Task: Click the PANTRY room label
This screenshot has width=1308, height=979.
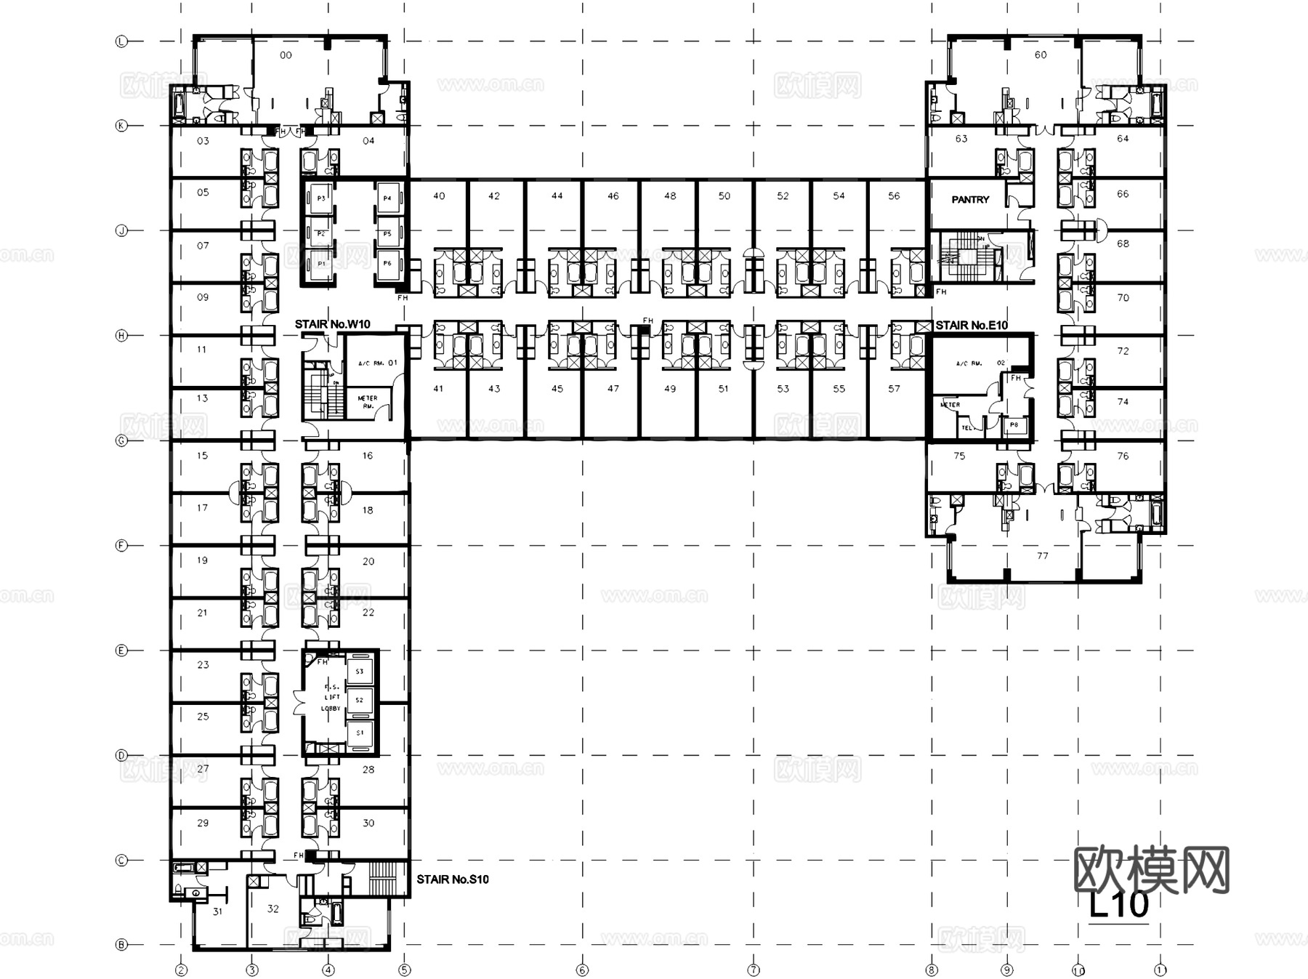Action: (970, 199)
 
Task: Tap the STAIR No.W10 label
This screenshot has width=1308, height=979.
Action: (332, 324)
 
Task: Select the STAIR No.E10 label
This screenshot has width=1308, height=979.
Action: (972, 325)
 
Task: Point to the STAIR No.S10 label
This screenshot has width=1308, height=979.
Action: (452, 879)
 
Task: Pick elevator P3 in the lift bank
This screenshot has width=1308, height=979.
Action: (320, 198)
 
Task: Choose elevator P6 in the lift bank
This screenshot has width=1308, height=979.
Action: (387, 263)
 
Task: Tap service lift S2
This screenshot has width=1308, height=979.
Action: (359, 700)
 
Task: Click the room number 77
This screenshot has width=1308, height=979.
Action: (1042, 556)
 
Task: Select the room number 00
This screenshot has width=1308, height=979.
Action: (286, 55)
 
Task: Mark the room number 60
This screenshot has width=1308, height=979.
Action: (1041, 55)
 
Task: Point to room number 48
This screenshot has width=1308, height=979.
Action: (670, 196)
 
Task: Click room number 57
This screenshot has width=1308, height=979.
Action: (894, 389)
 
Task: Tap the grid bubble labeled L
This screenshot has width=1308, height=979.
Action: (121, 41)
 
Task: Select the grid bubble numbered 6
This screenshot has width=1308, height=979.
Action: (581, 970)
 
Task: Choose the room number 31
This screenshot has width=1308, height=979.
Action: (217, 911)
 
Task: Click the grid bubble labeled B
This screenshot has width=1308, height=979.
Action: (121, 945)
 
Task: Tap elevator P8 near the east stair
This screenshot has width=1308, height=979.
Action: (1014, 425)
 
